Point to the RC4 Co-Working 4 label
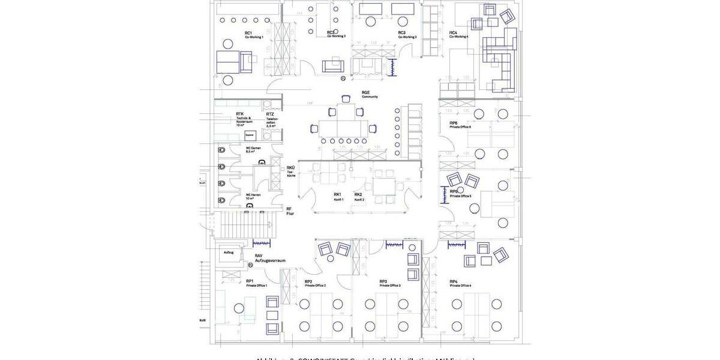pyautogui.click(x=458, y=35)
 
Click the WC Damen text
pyautogui.click(x=253, y=149)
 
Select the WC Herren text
pyautogui.click(x=253, y=196)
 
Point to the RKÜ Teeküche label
pyautogui.click(x=291, y=171)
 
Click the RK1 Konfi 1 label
pyautogui.click(x=338, y=196)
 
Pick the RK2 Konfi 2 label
pyautogui.click(x=359, y=196)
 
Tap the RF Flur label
pyautogui.click(x=290, y=211)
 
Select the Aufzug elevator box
pyautogui.click(x=229, y=253)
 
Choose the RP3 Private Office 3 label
pyautogui.click(x=389, y=283)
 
